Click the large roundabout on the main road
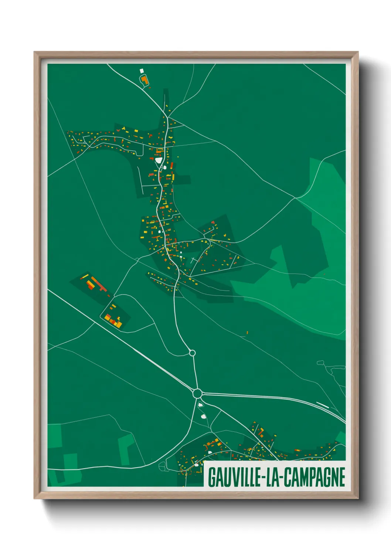197,393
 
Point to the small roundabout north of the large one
192,353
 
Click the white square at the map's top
142,71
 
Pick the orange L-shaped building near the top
144,80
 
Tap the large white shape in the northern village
159,160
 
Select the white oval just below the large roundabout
201,405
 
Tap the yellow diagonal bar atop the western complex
85,276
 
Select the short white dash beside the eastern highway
323,405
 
